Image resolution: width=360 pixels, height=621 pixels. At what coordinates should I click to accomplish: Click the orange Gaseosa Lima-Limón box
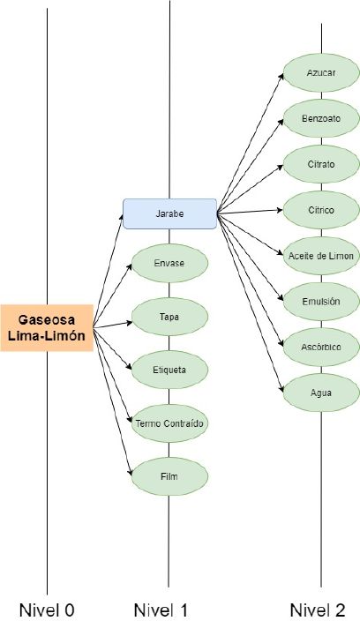[47, 328]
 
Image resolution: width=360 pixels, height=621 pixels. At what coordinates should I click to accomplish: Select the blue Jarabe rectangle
[170, 213]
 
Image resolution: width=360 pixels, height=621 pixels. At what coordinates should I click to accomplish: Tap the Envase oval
[169, 264]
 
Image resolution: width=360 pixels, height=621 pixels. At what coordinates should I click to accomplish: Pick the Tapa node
[169, 317]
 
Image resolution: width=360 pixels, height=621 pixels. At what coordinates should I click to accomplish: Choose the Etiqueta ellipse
[169, 370]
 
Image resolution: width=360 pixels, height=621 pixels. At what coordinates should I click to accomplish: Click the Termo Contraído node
[169, 423]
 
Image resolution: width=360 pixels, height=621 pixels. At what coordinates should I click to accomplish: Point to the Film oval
[169, 476]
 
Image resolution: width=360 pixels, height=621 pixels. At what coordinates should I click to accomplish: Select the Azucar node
[321, 73]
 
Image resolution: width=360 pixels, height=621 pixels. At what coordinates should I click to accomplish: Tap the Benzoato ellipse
[321, 118]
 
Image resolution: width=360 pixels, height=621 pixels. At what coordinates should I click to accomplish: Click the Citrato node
[321, 164]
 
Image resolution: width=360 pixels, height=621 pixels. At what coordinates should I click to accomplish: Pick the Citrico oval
[321, 210]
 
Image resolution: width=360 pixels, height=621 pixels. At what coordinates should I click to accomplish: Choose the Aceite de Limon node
[321, 256]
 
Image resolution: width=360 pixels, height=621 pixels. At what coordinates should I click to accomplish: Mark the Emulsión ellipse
[321, 302]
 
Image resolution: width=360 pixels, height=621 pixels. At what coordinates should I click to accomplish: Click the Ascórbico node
[321, 348]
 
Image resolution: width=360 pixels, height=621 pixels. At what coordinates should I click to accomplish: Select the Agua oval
[321, 393]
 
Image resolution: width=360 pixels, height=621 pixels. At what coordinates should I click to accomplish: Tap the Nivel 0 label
[47, 610]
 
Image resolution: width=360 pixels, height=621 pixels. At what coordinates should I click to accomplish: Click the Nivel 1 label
[161, 610]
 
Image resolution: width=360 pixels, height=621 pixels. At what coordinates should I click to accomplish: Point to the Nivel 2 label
[318, 610]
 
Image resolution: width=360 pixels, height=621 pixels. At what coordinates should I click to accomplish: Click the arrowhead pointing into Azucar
[281, 76]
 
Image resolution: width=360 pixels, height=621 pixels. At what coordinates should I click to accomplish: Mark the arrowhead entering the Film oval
[130, 473]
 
